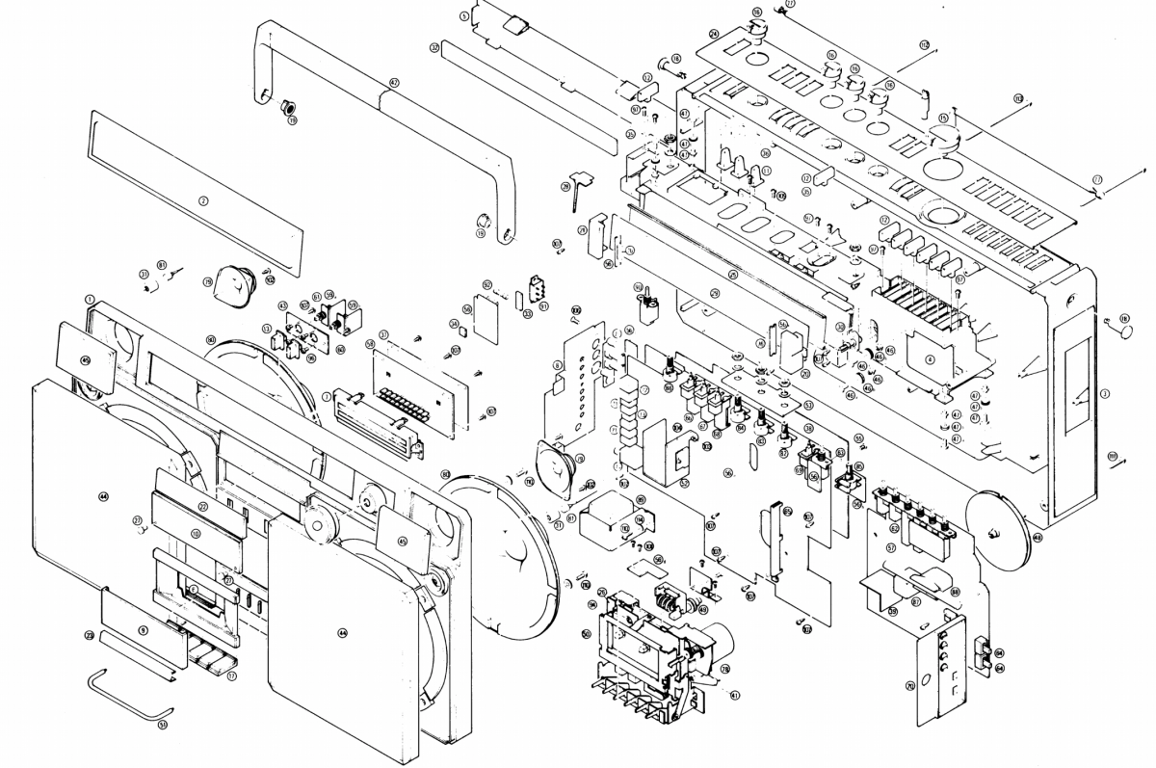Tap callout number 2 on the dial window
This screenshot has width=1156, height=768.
203,201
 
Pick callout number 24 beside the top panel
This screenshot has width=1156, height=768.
714,34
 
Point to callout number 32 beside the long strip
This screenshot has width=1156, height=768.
435,46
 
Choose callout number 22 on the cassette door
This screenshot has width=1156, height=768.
203,506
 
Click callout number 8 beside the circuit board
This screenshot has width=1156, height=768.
557,364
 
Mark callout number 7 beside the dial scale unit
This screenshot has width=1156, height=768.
328,396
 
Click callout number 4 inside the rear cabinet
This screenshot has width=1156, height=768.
930,358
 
